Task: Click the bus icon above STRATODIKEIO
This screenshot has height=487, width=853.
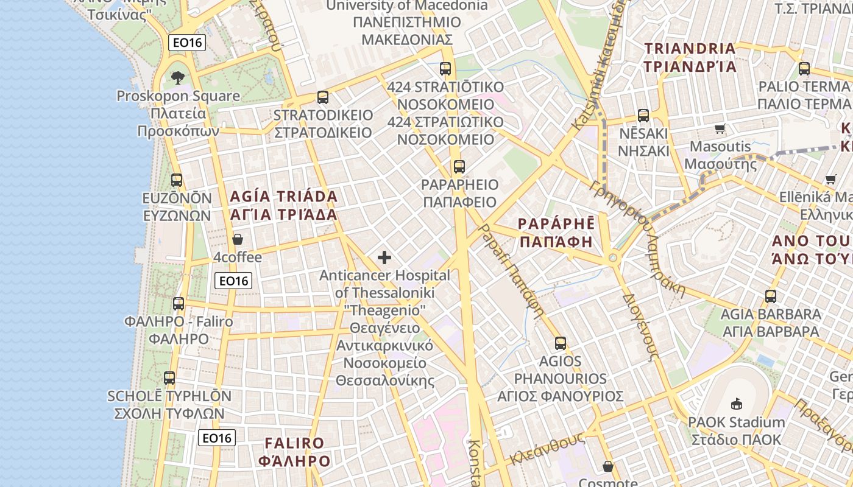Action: (x=323, y=97)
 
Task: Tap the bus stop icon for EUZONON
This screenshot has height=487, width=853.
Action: (x=177, y=180)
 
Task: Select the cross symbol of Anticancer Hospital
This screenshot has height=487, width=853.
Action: (x=384, y=258)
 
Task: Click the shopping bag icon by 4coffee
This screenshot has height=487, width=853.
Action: (x=238, y=239)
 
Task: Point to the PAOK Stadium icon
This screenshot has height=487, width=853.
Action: (x=736, y=404)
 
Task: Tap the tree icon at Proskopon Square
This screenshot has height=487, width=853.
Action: (x=177, y=77)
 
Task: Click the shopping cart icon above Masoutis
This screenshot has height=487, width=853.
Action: (x=720, y=128)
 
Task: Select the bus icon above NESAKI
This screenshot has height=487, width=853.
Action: (x=643, y=115)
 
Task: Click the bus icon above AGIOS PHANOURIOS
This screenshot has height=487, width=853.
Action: (x=561, y=343)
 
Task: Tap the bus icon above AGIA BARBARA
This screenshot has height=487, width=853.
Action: (x=771, y=296)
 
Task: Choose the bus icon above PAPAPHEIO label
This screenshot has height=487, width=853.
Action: (x=459, y=166)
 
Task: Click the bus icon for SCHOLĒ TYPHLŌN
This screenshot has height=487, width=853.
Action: (x=169, y=378)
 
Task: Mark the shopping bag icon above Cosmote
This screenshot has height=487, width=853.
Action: (x=607, y=467)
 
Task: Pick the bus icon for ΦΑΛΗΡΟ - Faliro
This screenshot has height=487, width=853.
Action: (x=179, y=304)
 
